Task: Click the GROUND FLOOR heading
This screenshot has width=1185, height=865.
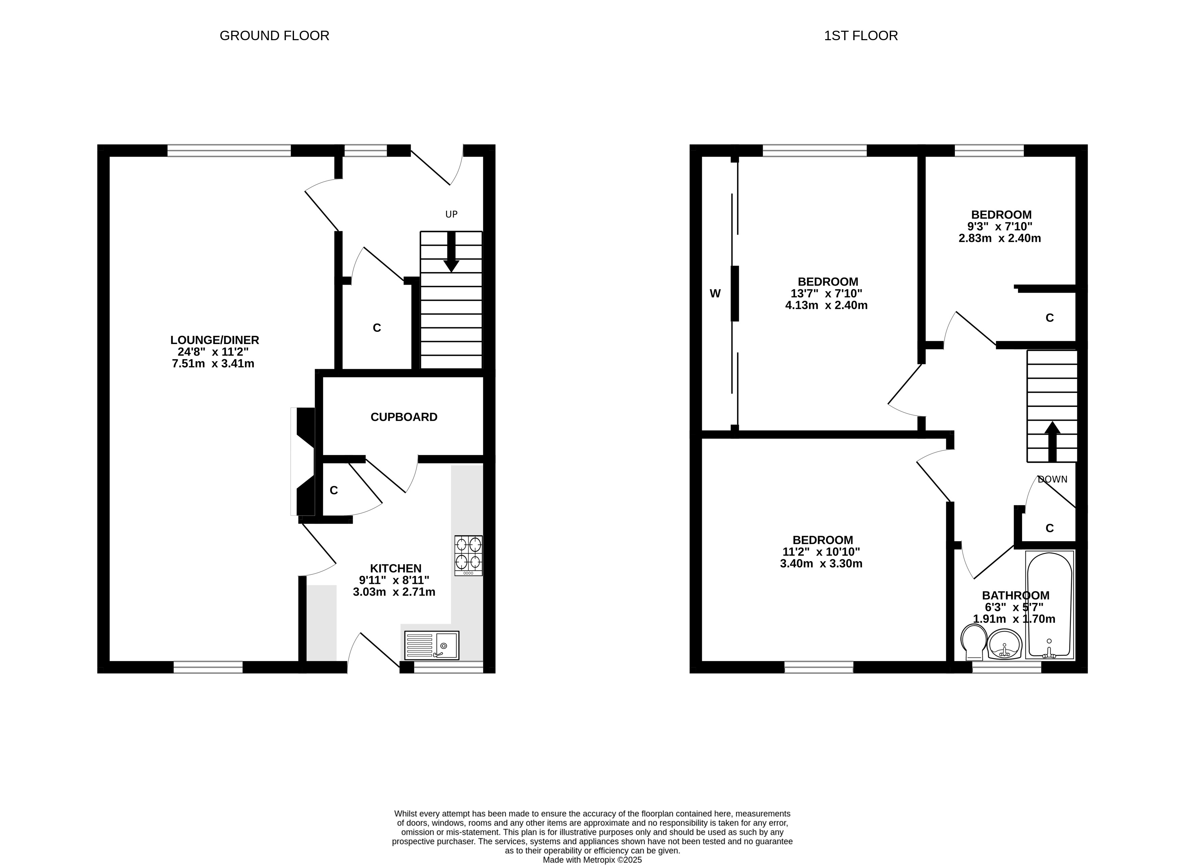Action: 274,35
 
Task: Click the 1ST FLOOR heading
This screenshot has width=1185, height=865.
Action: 861,35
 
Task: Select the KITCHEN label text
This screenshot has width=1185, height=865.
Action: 396,569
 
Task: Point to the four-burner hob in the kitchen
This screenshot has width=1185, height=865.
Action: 468,555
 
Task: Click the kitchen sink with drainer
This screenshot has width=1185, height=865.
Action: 432,645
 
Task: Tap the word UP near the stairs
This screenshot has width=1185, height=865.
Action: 451,214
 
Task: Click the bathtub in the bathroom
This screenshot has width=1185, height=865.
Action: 1050,605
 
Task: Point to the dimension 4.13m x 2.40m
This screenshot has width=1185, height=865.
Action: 826,305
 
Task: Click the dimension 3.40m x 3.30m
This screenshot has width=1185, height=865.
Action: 821,564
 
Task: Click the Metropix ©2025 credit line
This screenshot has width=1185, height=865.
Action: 592,860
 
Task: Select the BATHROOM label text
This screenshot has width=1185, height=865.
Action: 1015,595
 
